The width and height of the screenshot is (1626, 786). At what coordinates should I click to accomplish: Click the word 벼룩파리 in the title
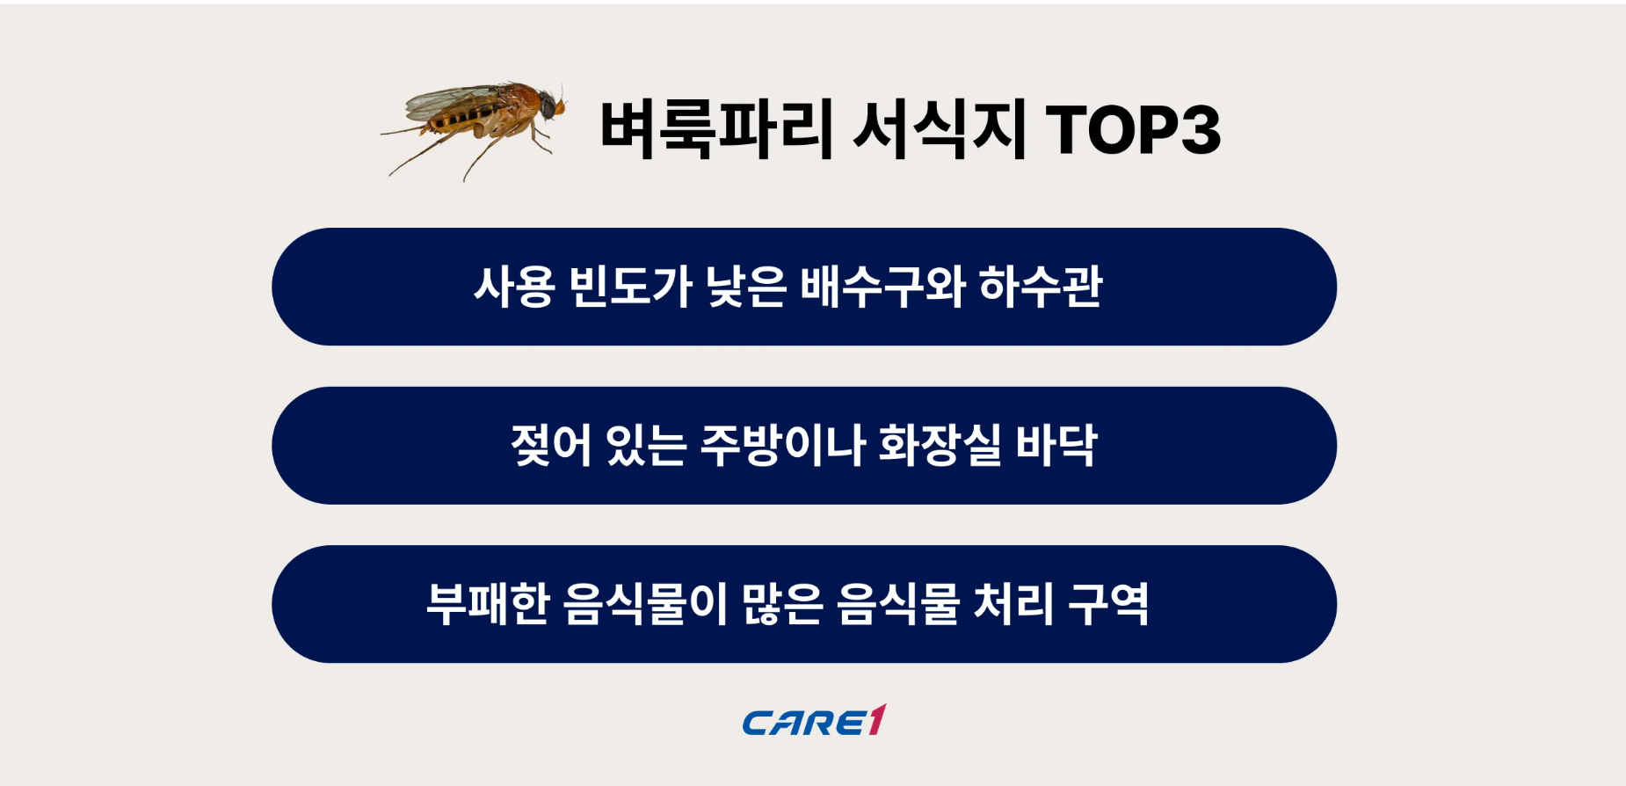pos(715,130)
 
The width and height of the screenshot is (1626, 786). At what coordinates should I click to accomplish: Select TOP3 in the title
pos(1133,130)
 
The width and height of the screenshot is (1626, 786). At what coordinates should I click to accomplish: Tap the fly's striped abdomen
pos(457,119)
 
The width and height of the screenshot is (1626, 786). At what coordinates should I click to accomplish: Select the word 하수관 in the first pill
pos(1041,287)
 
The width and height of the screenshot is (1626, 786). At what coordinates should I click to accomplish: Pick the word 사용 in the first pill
pos(514,287)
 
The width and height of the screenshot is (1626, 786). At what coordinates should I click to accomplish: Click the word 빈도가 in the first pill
pos(630,287)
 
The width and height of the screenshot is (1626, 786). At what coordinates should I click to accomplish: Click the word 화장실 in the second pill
pos(940,446)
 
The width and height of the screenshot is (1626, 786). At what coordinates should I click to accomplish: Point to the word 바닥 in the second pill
pos(1056,446)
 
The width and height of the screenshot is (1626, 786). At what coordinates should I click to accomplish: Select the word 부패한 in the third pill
pos(488,604)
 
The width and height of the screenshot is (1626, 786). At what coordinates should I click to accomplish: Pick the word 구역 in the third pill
pos(1108,604)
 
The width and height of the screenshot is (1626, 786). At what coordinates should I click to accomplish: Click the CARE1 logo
pos(814,722)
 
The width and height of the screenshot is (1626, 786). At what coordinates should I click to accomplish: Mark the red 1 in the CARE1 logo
pos(876,720)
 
